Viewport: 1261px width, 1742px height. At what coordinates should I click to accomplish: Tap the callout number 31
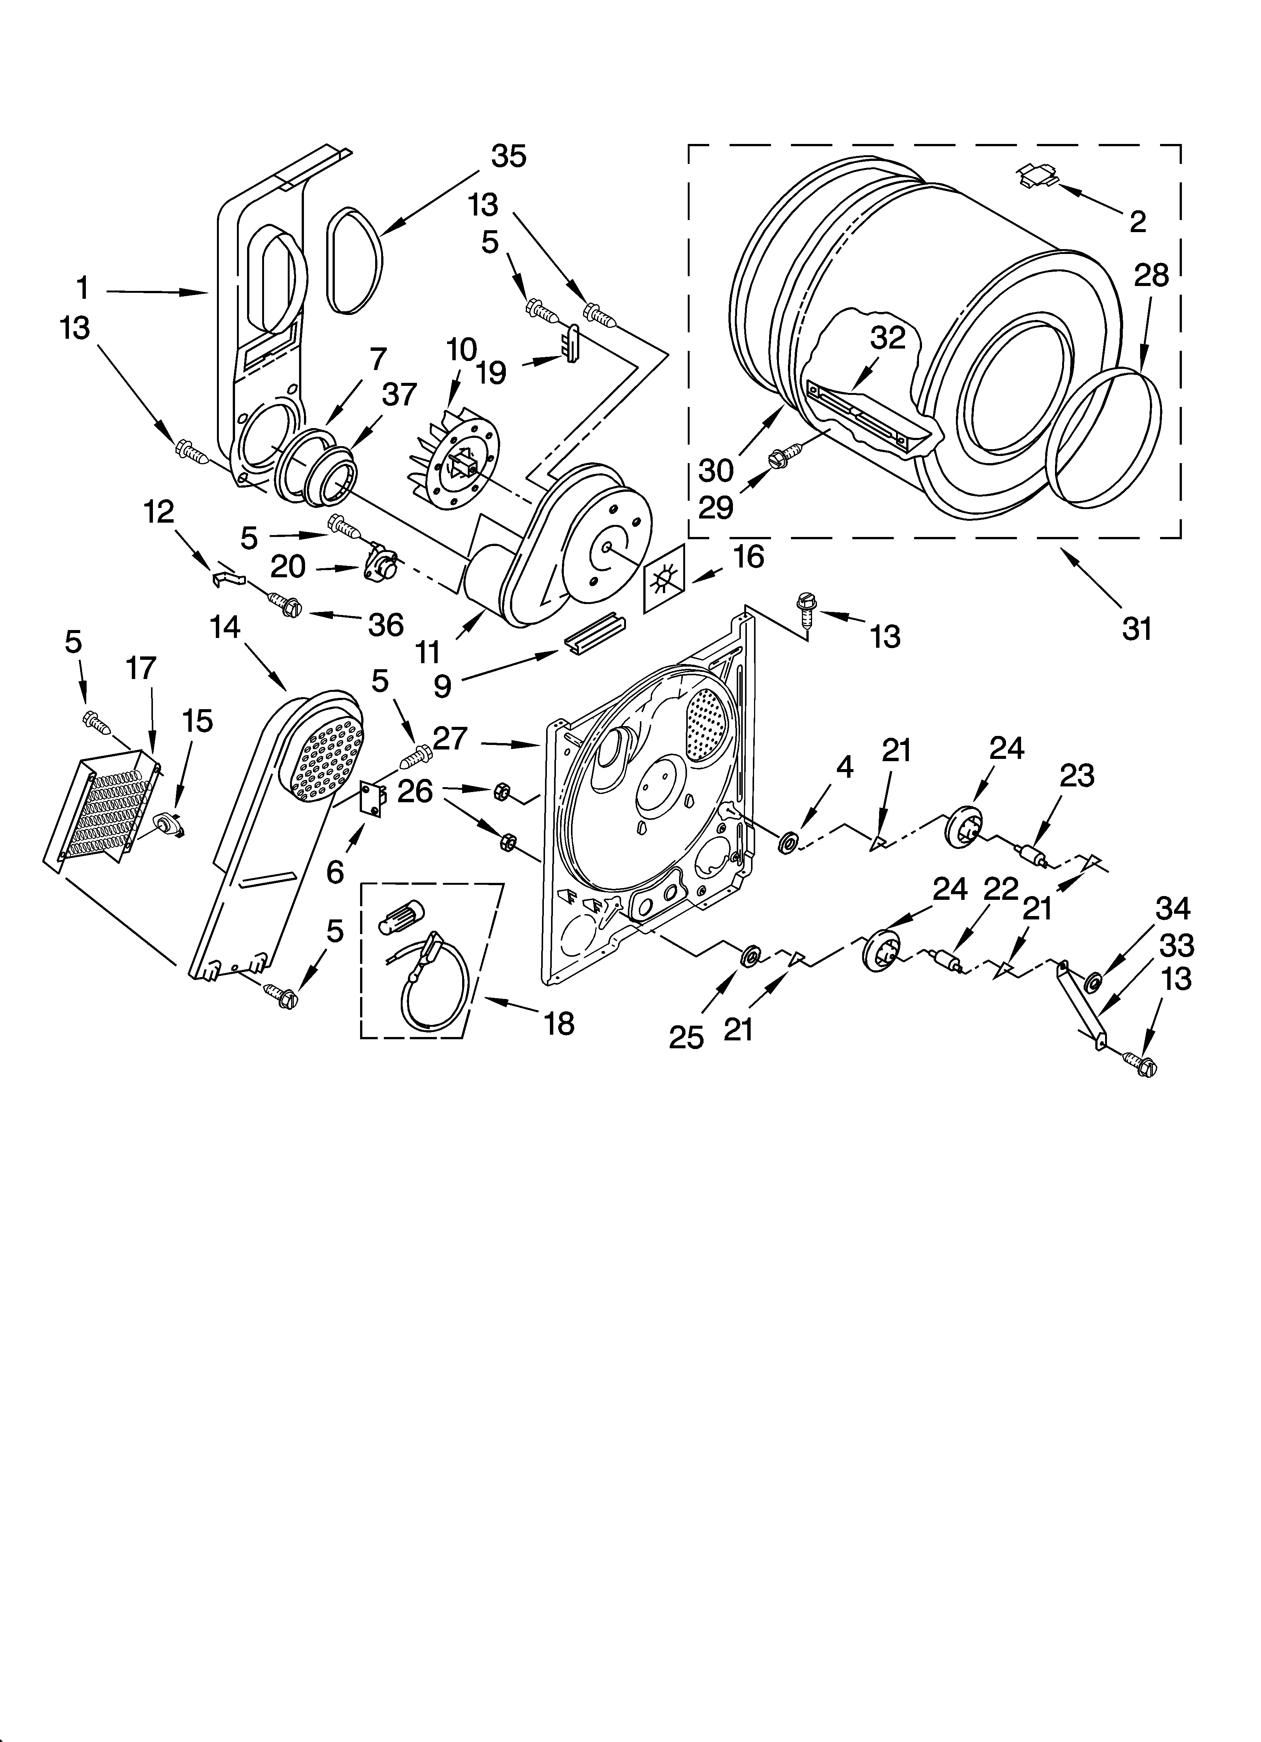(1137, 629)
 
